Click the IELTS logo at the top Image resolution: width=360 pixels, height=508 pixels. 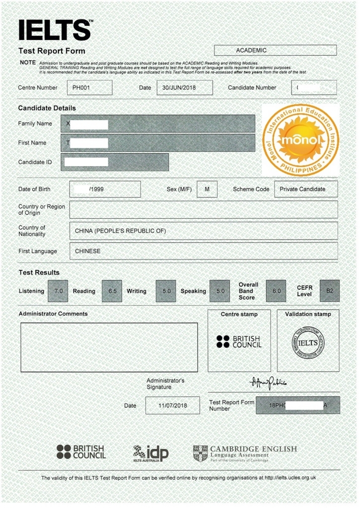tap(55, 30)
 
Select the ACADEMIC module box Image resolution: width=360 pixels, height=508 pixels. tap(275, 50)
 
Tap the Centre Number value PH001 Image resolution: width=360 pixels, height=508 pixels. tap(89, 88)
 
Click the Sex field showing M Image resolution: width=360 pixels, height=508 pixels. tap(207, 189)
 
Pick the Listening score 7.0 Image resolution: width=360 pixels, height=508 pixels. tap(59, 291)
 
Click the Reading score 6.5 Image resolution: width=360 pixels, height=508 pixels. tap(112, 291)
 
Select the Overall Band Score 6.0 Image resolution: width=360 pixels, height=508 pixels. tap(276, 291)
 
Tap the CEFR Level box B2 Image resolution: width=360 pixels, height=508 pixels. tap(330, 291)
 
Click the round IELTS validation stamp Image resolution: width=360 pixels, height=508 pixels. tap(308, 343)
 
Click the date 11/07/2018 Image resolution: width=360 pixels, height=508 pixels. tap(172, 406)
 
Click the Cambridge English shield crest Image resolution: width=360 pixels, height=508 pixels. tap(200, 453)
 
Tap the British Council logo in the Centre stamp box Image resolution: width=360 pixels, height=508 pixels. tap(239, 342)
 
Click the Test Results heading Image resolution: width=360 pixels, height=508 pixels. tap(39, 272)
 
